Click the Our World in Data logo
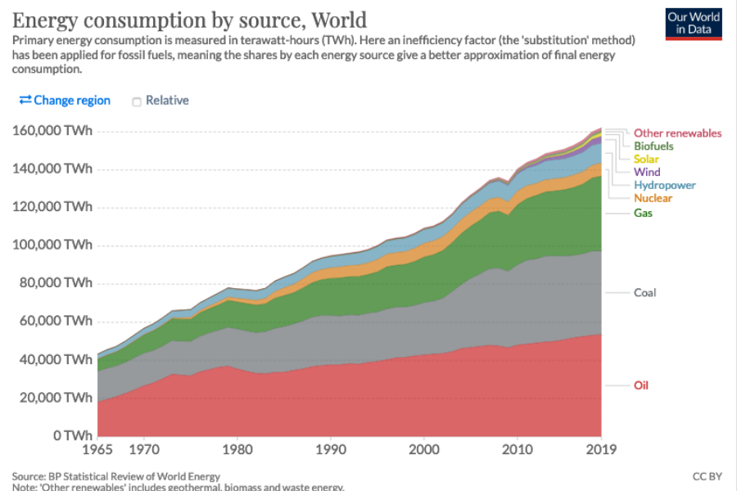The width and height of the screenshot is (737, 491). click(x=693, y=24)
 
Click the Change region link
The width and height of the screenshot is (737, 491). click(x=65, y=100)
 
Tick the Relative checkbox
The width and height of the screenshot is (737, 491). click(x=138, y=101)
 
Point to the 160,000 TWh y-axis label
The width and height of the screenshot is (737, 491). click(x=52, y=131)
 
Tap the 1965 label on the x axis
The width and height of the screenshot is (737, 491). click(x=97, y=449)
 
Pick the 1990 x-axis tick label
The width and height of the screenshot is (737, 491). click(x=331, y=449)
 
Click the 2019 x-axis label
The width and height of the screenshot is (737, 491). click(x=601, y=449)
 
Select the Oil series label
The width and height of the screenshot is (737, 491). click(x=640, y=385)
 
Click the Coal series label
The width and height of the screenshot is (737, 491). click(x=644, y=292)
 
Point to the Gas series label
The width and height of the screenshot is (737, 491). click(x=643, y=213)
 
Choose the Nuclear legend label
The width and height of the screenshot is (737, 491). click(x=653, y=198)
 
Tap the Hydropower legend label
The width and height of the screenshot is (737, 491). click(x=665, y=185)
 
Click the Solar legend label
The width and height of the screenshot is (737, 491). click(x=647, y=159)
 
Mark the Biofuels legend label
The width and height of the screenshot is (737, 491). click(x=653, y=146)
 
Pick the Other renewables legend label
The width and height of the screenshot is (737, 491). click(x=677, y=133)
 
